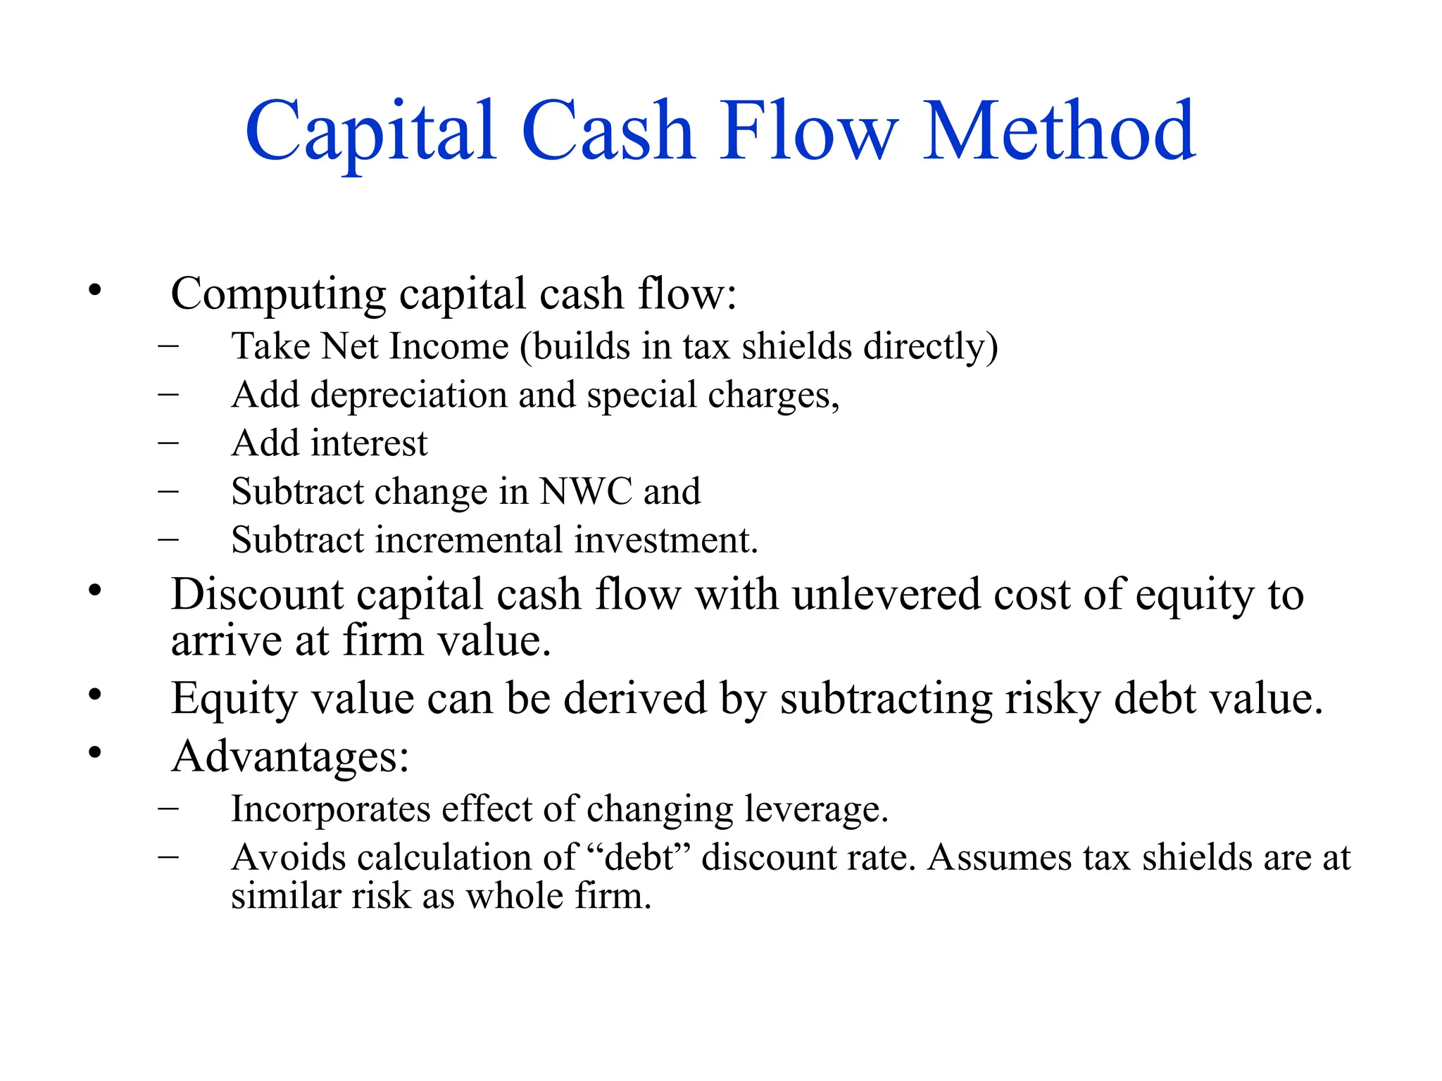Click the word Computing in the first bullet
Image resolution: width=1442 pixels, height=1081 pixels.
pos(278,294)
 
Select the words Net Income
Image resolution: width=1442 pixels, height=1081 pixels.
pos(415,346)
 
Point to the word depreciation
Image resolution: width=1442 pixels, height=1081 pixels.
pos(408,396)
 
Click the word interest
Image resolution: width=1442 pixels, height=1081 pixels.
pos(369,443)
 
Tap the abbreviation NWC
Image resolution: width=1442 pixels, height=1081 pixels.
pos(586,491)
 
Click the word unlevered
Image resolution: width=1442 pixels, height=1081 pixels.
pos(886,595)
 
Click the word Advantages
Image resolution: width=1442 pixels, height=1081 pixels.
pos(289,757)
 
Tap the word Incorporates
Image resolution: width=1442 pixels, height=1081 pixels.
pos(331,809)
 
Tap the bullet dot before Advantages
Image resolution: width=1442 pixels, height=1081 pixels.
pos(95,753)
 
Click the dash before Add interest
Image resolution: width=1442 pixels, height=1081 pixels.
pos(168,443)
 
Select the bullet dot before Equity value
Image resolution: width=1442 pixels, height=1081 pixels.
pos(95,695)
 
